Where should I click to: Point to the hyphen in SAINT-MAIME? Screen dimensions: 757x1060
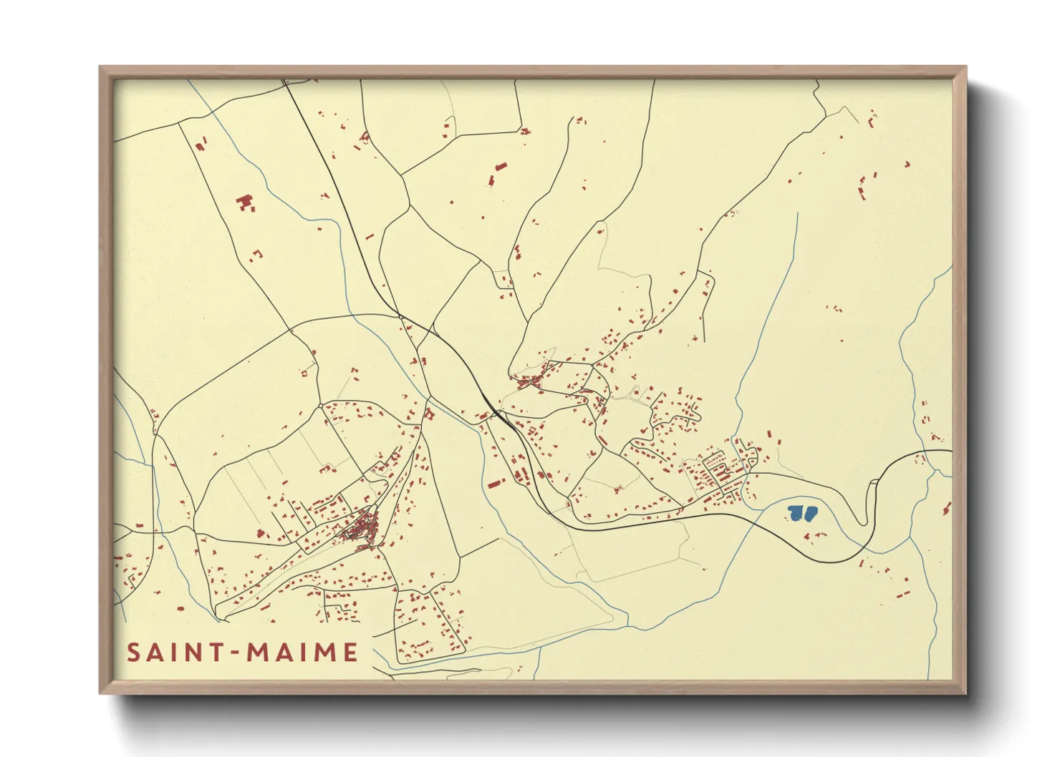point(235,653)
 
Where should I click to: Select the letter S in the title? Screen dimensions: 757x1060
point(133,653)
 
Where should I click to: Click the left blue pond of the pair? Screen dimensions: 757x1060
point(796,512)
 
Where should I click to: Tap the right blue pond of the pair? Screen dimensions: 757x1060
point(810,512)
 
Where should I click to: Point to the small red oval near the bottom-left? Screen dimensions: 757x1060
point(180,608)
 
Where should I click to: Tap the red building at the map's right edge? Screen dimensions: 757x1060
point(947,509)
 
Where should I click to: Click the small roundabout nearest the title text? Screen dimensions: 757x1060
point(320,406)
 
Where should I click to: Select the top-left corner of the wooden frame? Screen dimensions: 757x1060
point(100,67)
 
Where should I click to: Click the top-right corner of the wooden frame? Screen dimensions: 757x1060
point(965,67)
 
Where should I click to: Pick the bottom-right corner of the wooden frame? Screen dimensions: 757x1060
point(965,693)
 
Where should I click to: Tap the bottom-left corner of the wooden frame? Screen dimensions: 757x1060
point(100,693)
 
